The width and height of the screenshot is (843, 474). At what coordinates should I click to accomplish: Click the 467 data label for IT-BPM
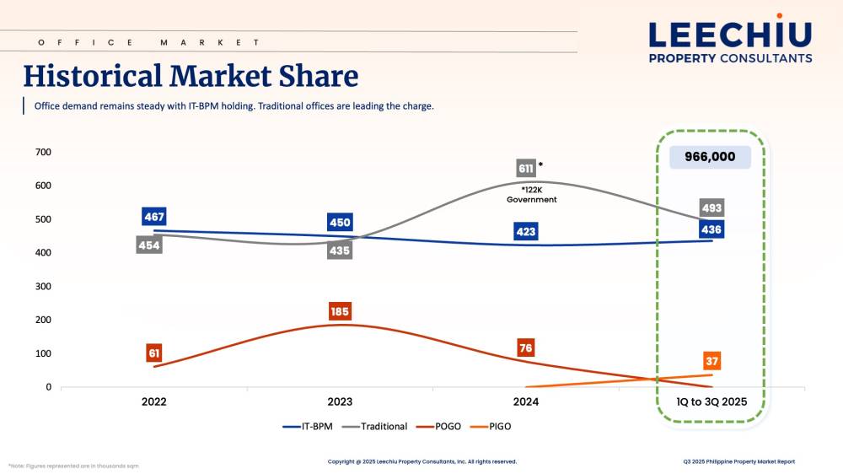pyautogui.click(x=154, y=217)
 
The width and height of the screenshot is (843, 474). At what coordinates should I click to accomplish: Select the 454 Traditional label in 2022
pyautogui.click(x=149, y=245)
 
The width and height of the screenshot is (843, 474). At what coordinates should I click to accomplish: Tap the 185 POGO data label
pyautogui.click(x=340, y=312)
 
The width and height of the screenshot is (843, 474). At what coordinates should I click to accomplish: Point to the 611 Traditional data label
pyautogui.click(x=526, y=168)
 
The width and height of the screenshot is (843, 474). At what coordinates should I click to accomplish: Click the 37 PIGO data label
pyautogui.click(x=712, y=361)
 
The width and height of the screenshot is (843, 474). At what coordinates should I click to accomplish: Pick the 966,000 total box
pyautogui.click(x=710, y=156)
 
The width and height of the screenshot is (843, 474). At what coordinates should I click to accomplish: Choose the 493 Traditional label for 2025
pyautogui.click(x=711, y=207)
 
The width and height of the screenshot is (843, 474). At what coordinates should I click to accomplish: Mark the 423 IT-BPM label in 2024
pyautogui.click(x=526, y=232)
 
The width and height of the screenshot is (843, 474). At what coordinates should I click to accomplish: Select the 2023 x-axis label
pyautogui.click(x=340, y=401)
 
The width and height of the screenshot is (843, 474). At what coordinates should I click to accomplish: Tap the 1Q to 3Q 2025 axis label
pyautogui.click(x=711, y=401)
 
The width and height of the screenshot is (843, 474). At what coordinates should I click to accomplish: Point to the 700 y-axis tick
pyautogui.click(x=43, y=152)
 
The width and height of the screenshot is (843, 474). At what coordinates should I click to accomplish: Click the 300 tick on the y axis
pyautogui.click(x=43, y=287)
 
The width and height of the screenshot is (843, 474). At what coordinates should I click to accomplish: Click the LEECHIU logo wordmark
pyautogui.click(x=730, y=34)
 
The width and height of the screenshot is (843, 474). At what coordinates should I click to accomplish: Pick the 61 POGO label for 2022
pyautogui.click(x=154, y=353)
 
